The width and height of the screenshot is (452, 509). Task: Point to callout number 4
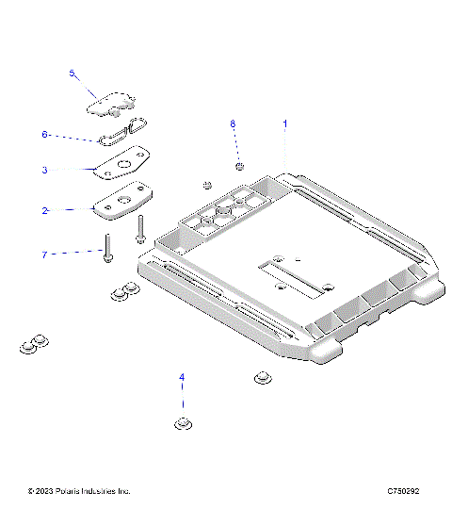183,378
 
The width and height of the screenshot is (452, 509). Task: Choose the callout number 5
71,73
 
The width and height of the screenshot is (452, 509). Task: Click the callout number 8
234,123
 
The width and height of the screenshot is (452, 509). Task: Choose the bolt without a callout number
141,227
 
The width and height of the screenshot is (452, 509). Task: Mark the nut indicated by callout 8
241,167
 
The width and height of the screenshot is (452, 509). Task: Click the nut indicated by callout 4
183,423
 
